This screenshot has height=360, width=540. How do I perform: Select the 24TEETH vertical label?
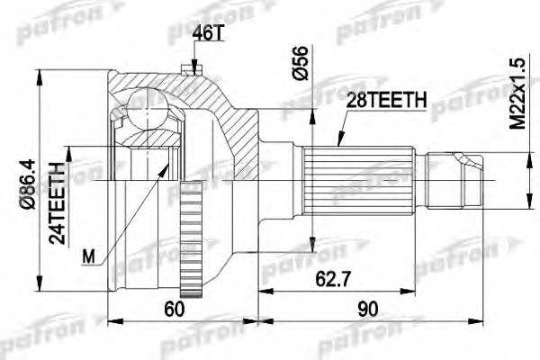click(x=57, y=202)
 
